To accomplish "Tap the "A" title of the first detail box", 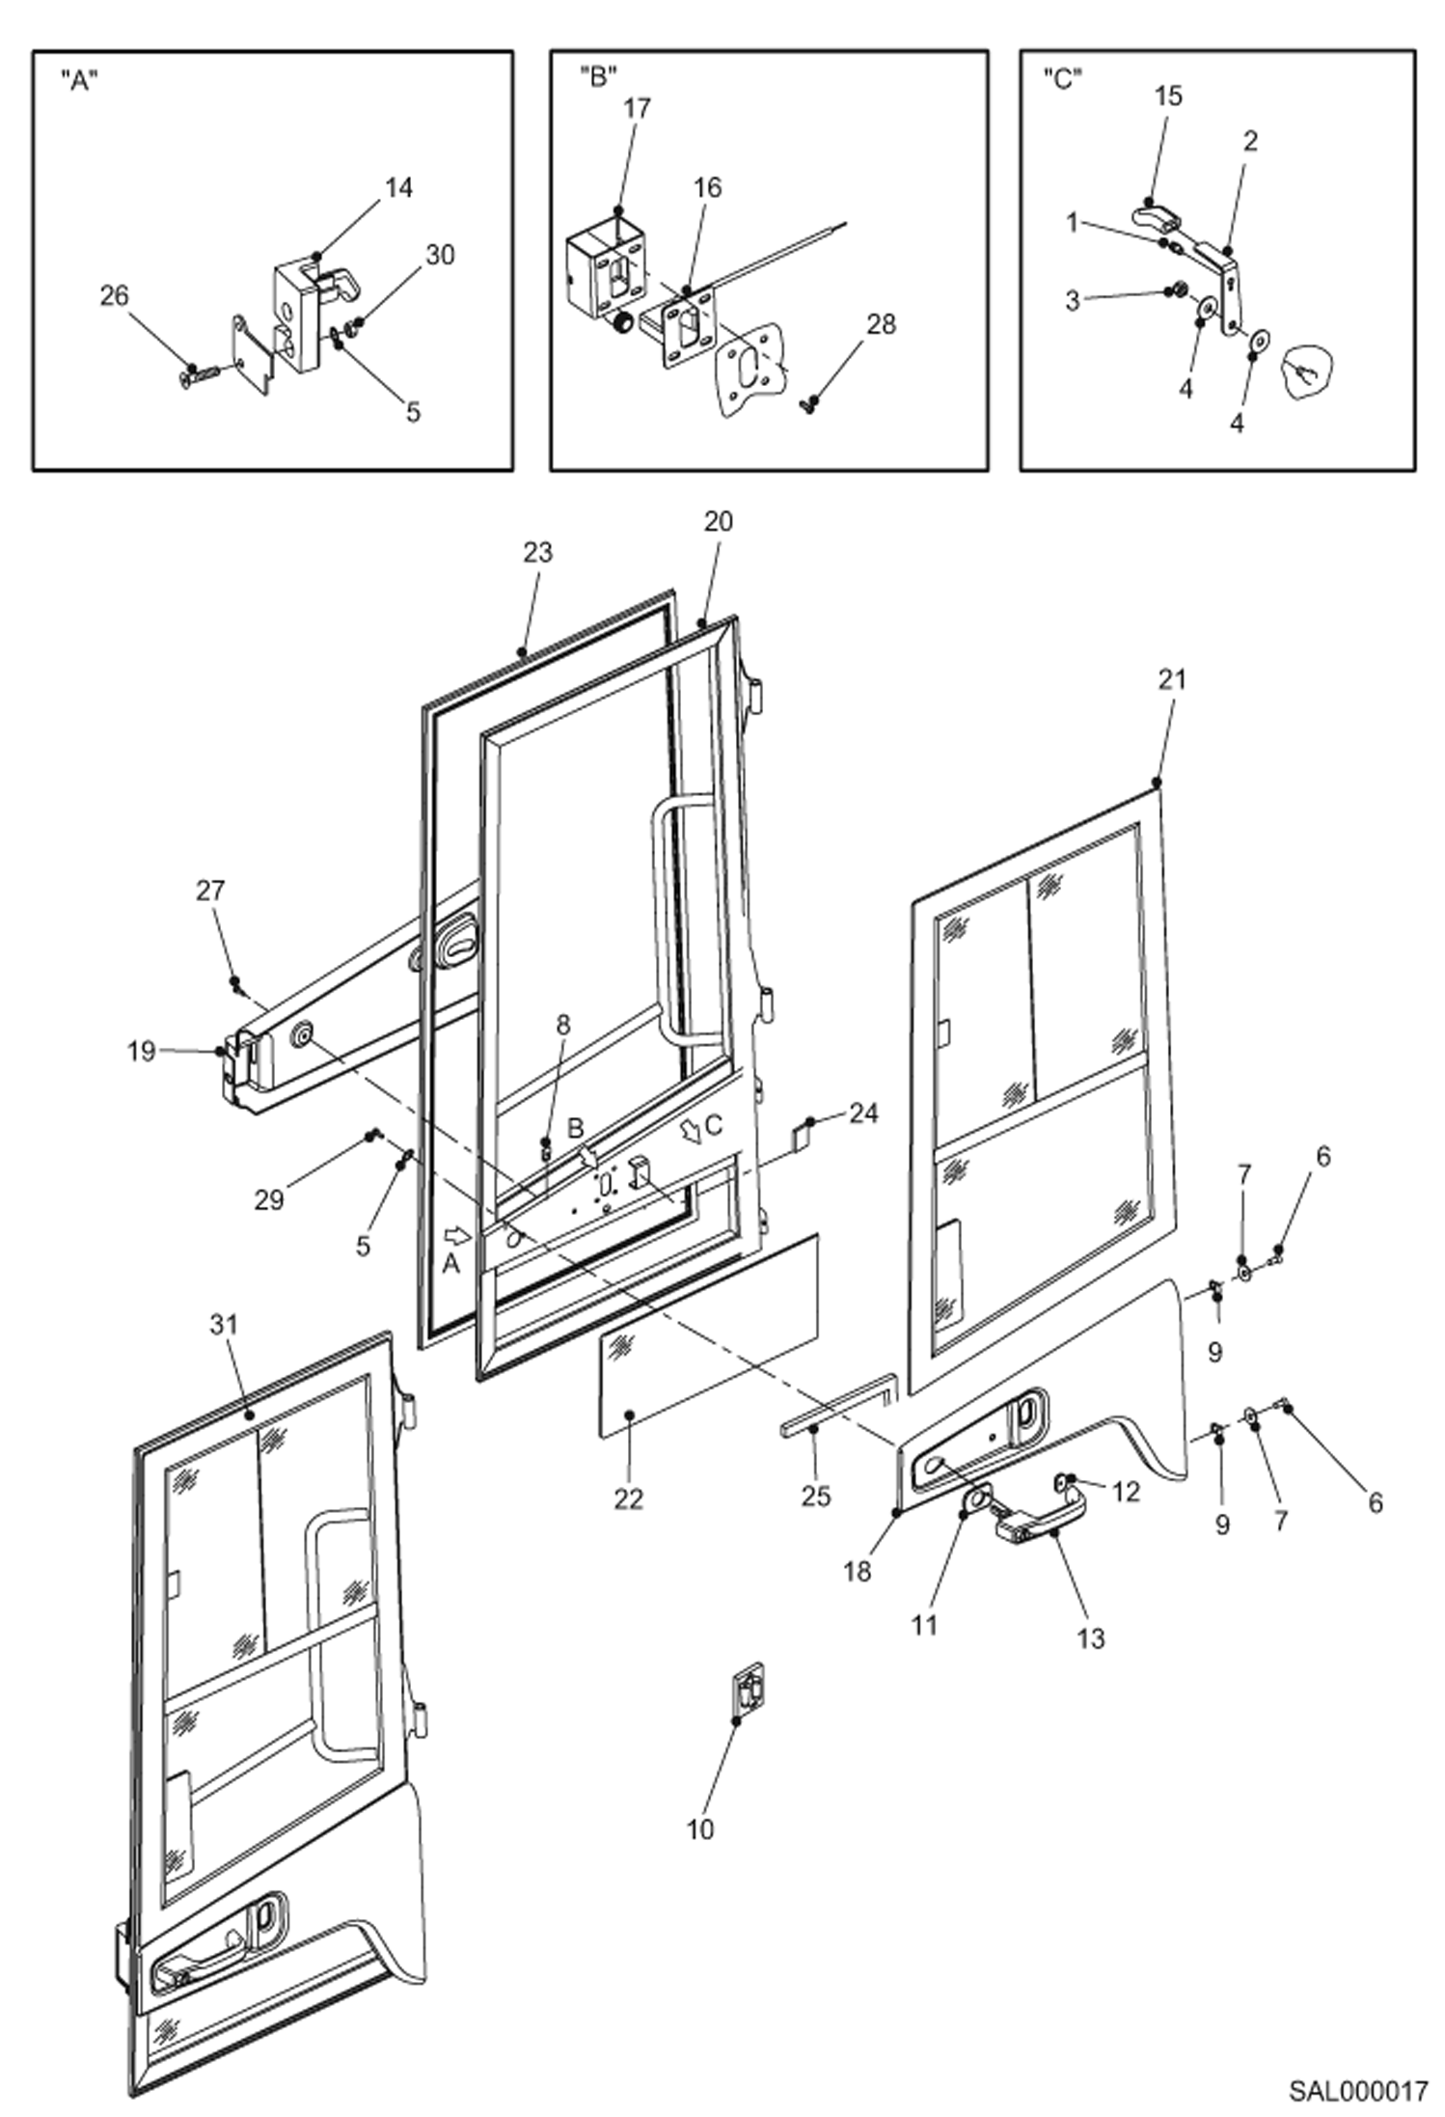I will [x=79, y=80].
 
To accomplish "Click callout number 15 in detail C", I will [x=1167, y=96].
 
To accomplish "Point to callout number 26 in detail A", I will [x=114, y=295].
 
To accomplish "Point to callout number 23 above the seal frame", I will [x=538, y=552].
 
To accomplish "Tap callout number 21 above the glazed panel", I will [x=1171, y=679].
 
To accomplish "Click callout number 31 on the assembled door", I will [x=224, y=1325].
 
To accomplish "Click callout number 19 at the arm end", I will [x=142, y=1051].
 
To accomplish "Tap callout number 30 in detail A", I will [x=440, y=255].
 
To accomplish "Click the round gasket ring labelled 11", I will [x=975, y=1498].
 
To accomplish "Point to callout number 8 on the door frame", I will [x=563, y=1025].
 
